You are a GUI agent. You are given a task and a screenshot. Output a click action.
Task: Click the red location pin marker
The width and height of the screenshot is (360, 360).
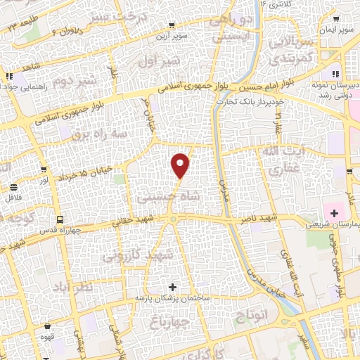(181, 165)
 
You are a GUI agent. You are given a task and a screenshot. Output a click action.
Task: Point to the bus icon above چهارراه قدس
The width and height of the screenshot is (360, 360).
(60, 219)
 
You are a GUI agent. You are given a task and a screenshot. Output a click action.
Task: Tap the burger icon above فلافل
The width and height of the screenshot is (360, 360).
(14, 187)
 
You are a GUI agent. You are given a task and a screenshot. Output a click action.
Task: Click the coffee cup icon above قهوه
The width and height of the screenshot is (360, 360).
(47, 326)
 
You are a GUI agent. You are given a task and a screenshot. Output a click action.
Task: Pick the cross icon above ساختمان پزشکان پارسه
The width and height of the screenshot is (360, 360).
(173, 287)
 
